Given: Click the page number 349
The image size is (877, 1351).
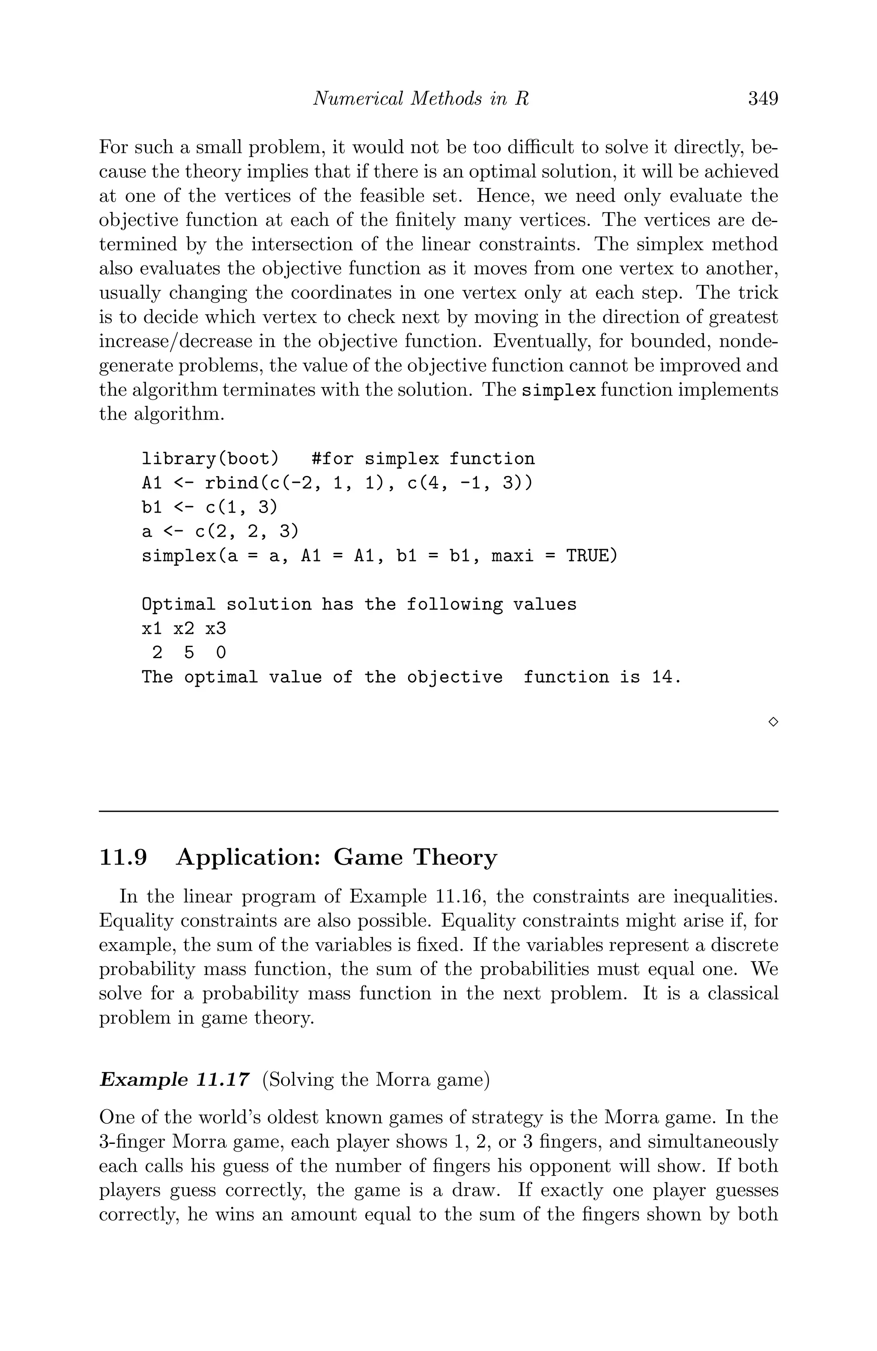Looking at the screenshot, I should pos(762,99).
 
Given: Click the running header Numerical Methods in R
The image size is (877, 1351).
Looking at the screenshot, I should pos(421,99).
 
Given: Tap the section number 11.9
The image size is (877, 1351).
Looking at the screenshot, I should pos(123,857).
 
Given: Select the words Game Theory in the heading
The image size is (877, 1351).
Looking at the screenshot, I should pos(415,857).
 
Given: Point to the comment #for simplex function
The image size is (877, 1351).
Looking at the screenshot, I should pos(423,459).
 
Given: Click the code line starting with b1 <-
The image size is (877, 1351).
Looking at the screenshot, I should pos(209,507).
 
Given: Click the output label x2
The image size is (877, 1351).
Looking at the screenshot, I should pos(183,628).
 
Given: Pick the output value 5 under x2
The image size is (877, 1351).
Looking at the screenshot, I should pos(188,653).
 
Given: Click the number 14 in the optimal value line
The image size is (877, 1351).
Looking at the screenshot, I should pos(662,677).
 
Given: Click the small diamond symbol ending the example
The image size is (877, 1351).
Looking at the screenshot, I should pos(773,722).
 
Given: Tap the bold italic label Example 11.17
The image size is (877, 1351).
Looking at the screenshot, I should pos(174,1079).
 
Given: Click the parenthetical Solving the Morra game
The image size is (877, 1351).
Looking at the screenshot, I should pos(376,1079).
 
